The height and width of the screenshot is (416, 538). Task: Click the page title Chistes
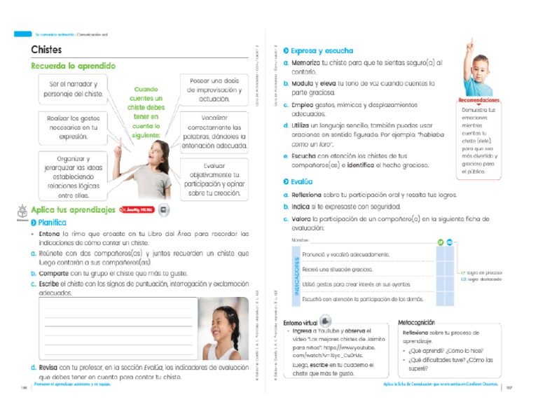pos(46,50)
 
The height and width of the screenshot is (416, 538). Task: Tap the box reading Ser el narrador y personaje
pos(74,89)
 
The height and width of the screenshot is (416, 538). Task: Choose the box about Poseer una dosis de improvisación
pos(214,89)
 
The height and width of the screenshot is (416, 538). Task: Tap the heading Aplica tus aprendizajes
pos(73,209)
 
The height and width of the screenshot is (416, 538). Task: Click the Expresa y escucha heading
pos(322,51)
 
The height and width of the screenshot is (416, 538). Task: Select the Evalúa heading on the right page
pos(301,181)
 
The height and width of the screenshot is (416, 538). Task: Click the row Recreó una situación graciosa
pos(338,270)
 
